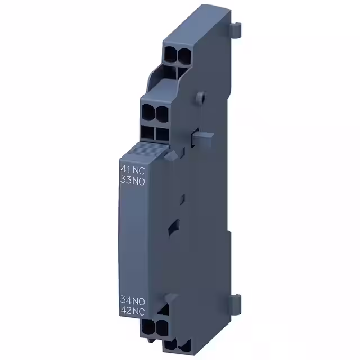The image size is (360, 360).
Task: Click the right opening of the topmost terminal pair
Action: pyautogui.click(x=183, y=53)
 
